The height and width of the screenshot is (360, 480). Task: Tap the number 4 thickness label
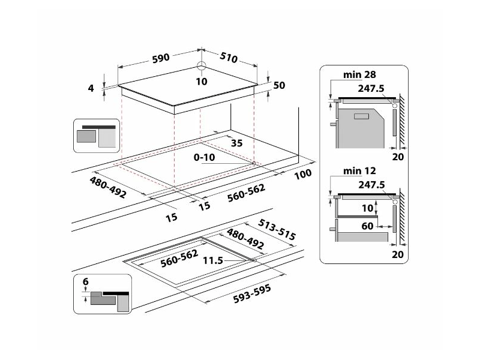coord(91,88)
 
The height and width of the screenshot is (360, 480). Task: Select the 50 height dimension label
coord(279,86)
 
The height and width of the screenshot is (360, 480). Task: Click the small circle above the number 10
coord(202,67)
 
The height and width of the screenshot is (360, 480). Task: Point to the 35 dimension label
coord(236,143)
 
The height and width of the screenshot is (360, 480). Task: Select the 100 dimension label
coord(304,174)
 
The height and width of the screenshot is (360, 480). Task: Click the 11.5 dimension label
coord(213,261)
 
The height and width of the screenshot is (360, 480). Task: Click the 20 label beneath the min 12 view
coord(398,254)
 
